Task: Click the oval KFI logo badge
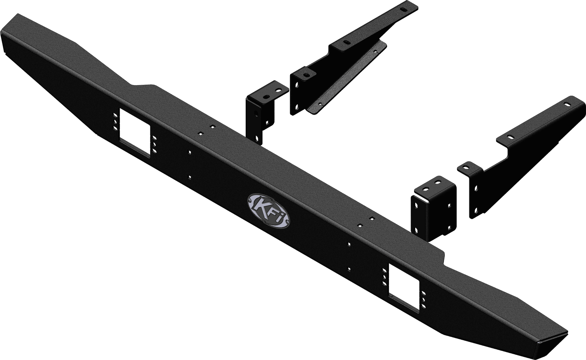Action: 268,211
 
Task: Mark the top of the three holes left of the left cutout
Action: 115,116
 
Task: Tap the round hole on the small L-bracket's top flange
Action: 266,97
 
